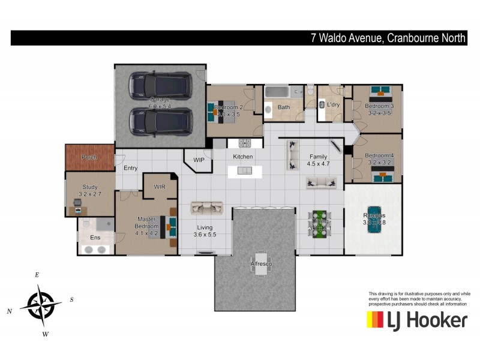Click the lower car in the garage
click(160, 120)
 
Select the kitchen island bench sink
click(245, 171)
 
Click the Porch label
click(89, 157)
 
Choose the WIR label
click(160, 187)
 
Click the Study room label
click(89, 187)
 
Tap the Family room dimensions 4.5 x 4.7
click(319, 163)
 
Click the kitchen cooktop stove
click(245, 143)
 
